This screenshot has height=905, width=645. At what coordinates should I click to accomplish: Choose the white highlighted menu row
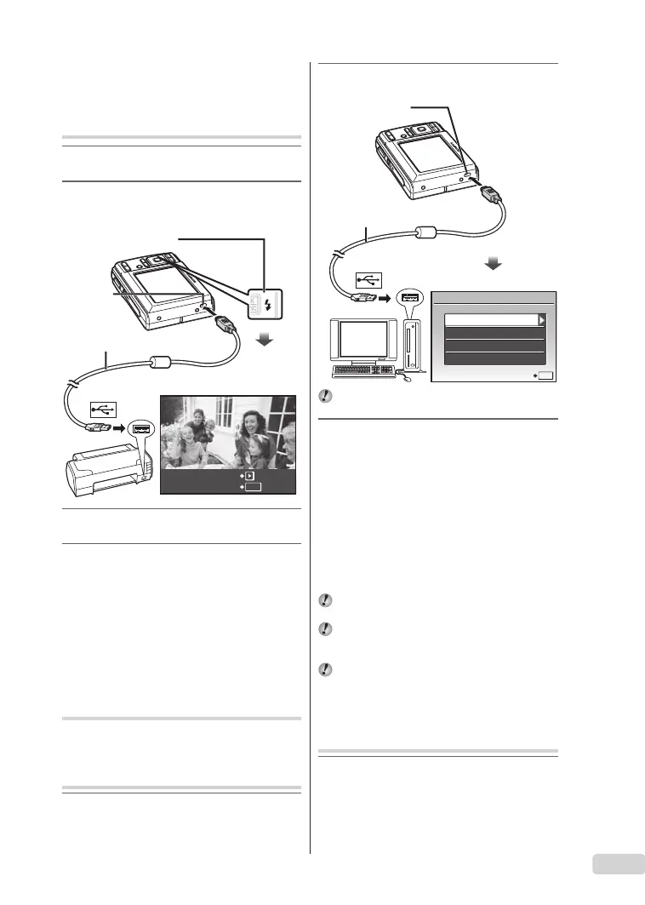click(x=488, y=319)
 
